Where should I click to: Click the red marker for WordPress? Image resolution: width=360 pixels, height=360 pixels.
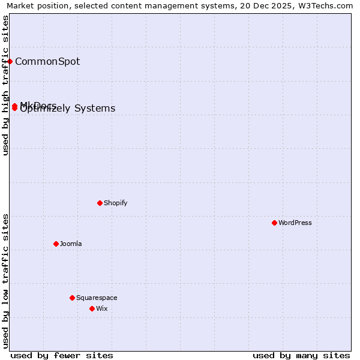(274, 223)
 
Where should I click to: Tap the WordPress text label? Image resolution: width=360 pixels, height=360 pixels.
(295, 223)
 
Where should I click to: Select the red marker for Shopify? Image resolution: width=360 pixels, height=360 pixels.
(100, 203)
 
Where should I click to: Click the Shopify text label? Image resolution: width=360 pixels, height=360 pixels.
(116, 203)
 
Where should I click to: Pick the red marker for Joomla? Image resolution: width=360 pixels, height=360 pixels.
(56, 244)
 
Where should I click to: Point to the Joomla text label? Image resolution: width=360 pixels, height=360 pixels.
(71, 244)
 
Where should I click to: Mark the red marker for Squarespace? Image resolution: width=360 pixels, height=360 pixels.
(72, 298)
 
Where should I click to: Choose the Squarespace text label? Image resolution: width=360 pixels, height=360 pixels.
(97, 298)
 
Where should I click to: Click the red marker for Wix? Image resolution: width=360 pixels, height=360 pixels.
(92, 308)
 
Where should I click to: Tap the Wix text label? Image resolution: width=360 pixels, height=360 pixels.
(102, 308)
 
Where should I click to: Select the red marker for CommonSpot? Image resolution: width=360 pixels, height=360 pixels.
(10, 61)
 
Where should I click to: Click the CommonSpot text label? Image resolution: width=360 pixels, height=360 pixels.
(47, 61)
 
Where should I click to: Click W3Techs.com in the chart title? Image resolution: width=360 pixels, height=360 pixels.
(325, 5)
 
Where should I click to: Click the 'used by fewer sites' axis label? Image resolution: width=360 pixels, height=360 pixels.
(62, 355)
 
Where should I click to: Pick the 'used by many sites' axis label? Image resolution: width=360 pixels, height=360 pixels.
(301, 355)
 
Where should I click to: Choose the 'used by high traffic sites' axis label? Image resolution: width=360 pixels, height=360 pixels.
(5, 85)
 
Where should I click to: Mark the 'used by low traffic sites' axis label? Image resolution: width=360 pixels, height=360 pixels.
(5, 281)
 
